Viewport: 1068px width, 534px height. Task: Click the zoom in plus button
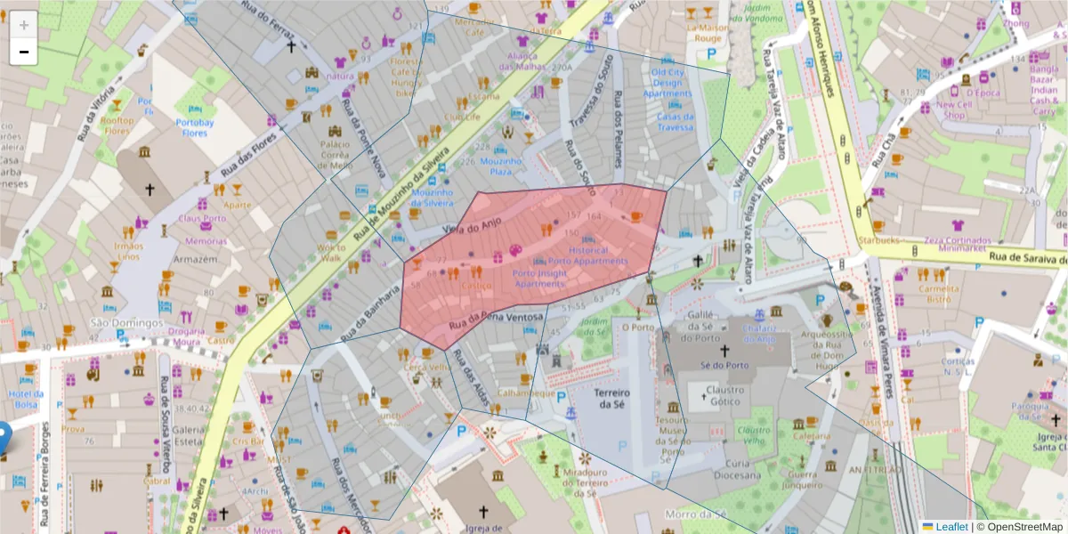tap(23, 24)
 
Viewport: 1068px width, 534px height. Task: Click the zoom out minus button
tap(23, 52)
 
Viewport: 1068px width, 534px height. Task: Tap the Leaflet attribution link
tap(951, 527)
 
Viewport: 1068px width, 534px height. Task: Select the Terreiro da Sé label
tap(610, 399)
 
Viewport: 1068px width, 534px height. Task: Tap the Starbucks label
tap(879, 240)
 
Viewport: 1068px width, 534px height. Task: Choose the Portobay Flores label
tap(195, 127)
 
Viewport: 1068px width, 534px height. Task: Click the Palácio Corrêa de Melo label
tap(323, 154)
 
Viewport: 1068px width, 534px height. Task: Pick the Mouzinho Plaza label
tap(500, 166)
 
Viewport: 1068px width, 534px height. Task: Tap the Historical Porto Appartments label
tap(587, 256)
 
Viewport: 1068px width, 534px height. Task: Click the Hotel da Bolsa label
tap(25, 399)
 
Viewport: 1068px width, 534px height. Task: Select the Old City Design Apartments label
tap(667, 83)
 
